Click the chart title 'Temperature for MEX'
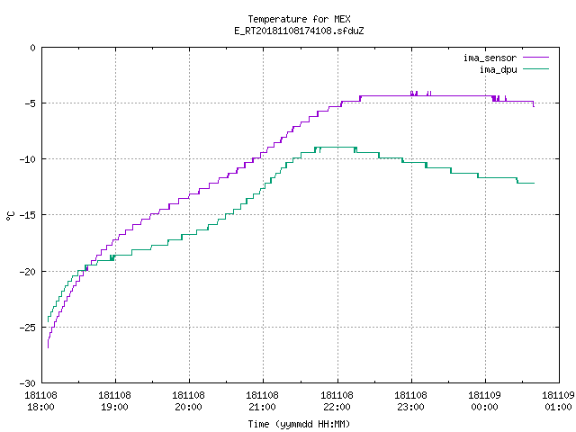299,19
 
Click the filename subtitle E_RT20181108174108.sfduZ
299,31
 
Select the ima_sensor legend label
490,58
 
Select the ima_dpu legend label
499,69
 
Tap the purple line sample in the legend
535,58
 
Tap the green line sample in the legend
535,68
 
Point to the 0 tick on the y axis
33,48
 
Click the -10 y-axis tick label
28,159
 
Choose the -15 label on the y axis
28,215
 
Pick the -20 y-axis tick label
28,272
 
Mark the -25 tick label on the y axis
28,328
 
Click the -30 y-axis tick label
28,383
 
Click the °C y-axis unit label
10,216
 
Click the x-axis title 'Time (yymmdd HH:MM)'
299,424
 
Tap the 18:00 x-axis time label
40,407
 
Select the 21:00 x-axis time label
262,407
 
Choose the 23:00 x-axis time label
410,407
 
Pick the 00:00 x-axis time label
484,407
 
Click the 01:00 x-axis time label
558,407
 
